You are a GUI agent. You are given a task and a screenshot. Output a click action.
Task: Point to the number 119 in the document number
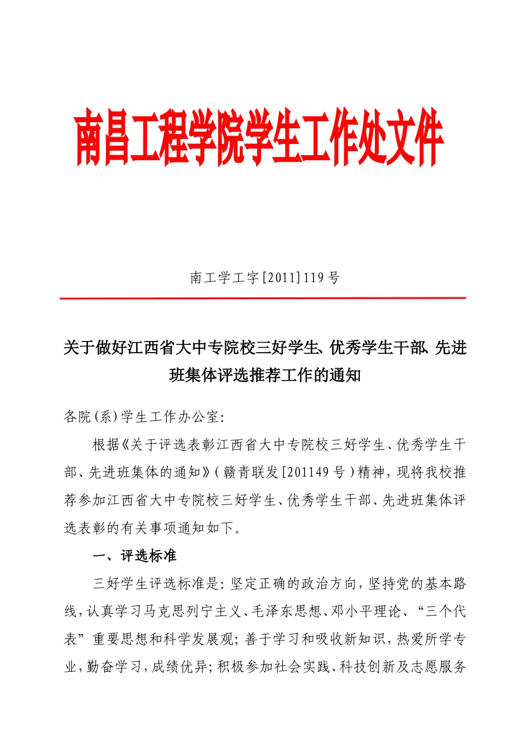[314, 277]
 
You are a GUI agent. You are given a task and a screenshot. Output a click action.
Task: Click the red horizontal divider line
[263, 299]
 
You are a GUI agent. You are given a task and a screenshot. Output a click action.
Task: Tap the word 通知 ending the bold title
[345, 376]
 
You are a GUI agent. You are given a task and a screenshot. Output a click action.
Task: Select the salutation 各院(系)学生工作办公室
[143, 417]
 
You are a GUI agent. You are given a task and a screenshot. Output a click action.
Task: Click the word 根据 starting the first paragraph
[106, 445]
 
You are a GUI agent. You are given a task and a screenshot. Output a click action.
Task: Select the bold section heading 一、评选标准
[134, 556]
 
